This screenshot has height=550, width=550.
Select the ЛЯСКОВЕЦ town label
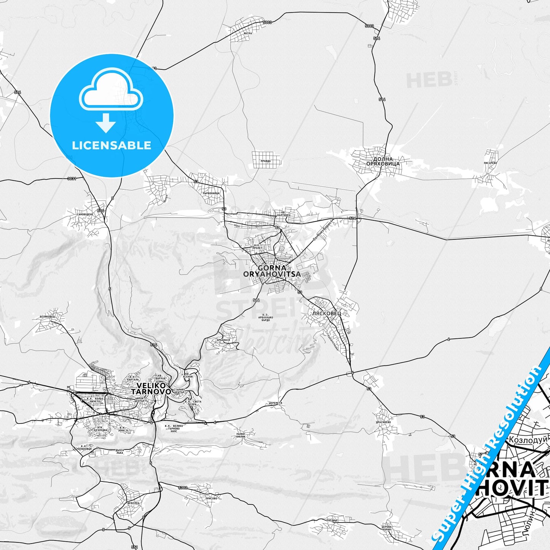(x=326, y=313)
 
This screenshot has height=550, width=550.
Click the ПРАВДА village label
(x=265, y=161)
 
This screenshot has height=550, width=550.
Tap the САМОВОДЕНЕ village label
(x=85, y=215)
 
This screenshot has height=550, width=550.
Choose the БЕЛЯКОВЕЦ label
(x=48, y=316)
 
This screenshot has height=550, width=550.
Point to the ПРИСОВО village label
(x=211, y=498)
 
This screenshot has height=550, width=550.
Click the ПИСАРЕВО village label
(x=490, y=163)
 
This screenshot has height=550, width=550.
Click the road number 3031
(x=72, y=179)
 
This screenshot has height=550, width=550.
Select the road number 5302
(x=183, y=488)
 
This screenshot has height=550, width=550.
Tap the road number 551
(x=134, y=547)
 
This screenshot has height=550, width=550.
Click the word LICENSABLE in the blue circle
(x=112, y=145)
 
